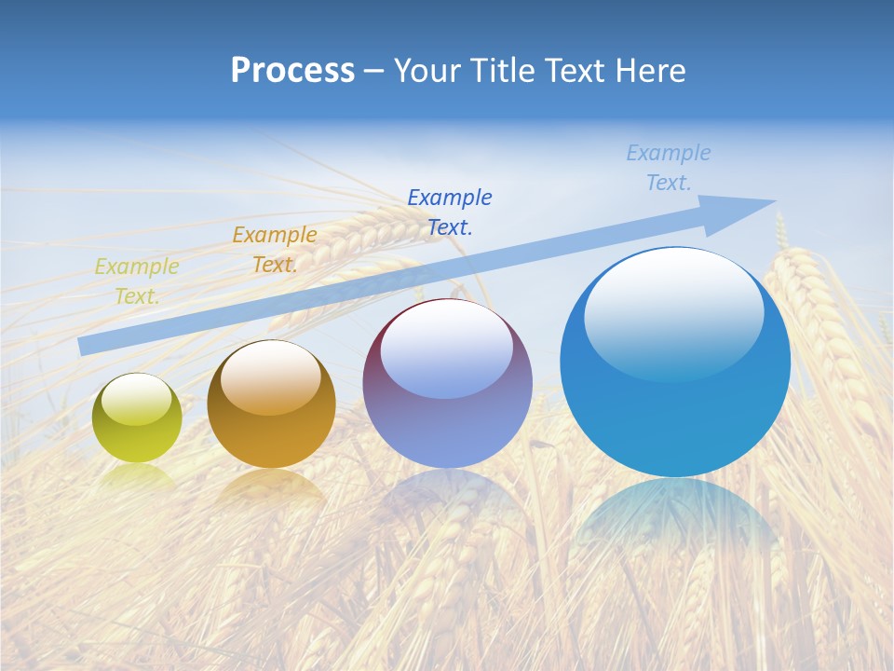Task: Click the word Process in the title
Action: (292, 71)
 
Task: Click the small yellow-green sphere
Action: (137, 418)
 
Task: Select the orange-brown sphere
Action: (271, 404)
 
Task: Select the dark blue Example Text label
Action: (450, 212)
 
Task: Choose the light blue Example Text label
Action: (669, 168)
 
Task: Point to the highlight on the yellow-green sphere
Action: (136, 402)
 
